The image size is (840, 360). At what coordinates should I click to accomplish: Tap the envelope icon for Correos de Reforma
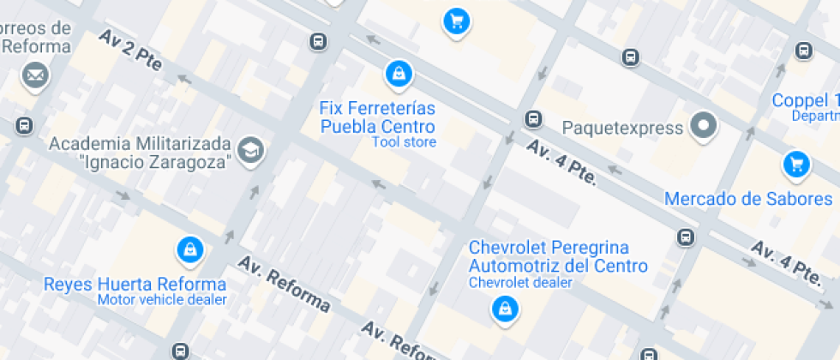(35, 75)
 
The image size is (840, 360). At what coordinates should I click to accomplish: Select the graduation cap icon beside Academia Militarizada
(251, 150)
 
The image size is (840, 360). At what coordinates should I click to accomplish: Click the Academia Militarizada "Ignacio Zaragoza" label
(141, 152)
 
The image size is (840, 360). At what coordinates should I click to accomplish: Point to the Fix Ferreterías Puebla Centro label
(377, 117)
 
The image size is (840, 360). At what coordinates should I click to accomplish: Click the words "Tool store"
(404, 142)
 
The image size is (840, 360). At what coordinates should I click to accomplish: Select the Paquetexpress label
(621, 128)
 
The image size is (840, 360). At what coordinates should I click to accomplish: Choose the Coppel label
(806, 99)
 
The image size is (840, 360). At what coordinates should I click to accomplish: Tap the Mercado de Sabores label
(748, 199)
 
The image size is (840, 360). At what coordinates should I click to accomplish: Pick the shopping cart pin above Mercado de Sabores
(796, 164)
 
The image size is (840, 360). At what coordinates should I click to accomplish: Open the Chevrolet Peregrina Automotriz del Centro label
(558, 256)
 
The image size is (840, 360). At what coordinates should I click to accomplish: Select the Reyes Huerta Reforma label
(135, 284)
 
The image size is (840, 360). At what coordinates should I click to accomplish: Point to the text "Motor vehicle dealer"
(162, 300)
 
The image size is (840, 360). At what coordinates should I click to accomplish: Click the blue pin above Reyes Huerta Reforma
(189, 250)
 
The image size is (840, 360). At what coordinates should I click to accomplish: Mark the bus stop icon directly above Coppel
(803, 51)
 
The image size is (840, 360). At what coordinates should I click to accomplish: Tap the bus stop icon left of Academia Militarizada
(24, 126)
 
